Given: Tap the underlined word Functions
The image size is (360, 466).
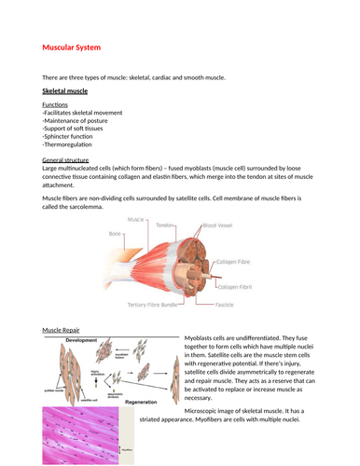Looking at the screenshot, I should click(56, 105).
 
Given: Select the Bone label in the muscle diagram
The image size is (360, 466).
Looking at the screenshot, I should click(115, 233).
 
